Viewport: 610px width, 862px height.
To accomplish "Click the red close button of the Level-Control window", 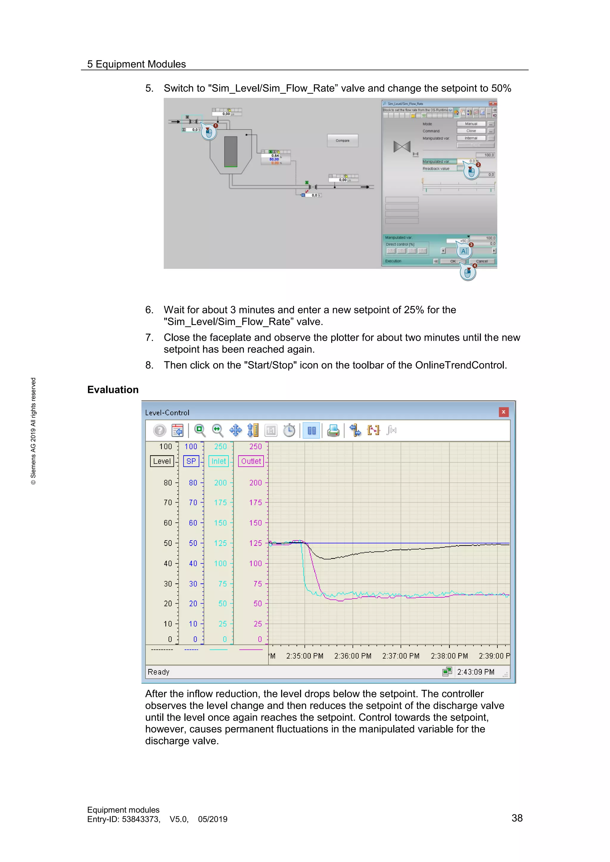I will tap(503, 412).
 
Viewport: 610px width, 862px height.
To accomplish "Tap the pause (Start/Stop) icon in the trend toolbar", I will tap(311, 430).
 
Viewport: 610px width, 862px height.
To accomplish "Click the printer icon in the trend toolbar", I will tap(333, 430).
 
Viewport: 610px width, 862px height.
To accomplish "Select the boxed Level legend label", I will tap(162, 461).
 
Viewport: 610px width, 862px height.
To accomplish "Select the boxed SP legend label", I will tap(191, 461).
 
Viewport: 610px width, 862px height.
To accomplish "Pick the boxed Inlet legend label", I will tap(219, 461).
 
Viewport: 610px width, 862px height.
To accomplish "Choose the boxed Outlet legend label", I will tap(251, 461).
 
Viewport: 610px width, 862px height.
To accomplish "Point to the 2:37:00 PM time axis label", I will tap(401, 656).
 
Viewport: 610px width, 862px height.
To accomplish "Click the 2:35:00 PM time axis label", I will tap(305, 656).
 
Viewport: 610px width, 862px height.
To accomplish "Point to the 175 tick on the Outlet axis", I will tap(256, 502).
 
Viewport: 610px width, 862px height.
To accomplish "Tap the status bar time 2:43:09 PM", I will tap(476, 672).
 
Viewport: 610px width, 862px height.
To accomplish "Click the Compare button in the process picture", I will tap(343, 140).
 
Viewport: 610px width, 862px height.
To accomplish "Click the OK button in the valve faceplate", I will tap(453, 261).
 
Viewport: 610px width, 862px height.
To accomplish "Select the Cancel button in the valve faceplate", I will tap(482, 261).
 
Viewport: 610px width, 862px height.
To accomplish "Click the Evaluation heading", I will tap(113, 390).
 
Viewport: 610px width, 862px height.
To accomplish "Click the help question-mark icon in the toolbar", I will tap(160, 430).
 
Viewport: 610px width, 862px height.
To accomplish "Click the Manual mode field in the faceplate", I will tap(471, 124).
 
